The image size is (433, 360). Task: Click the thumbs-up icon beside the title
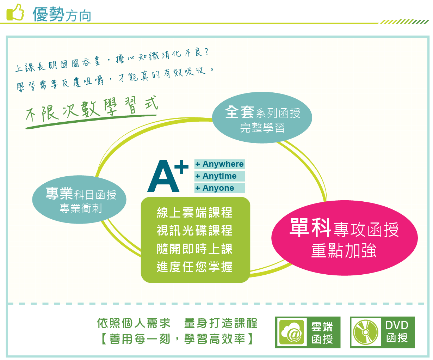point(15,12)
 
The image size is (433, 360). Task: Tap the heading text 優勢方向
point(62,14)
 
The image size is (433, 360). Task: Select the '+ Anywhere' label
point(219,164)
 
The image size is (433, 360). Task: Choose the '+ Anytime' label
point(219,176)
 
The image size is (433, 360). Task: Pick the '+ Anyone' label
point(219,188)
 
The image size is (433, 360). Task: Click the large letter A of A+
point(163,176)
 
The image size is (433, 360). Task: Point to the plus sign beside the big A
point(181,166)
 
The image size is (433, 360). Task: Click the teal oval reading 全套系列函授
point(262,117)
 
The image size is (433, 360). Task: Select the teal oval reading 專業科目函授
point(79,200)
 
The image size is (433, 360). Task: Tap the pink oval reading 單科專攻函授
point(345,238)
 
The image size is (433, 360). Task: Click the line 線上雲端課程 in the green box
point(194,213)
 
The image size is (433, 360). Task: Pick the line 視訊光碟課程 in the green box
point(194,231)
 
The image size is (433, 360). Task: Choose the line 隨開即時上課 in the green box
point(194,249)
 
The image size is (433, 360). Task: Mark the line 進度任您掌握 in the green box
point(194,267)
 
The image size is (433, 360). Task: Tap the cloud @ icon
point(291,332)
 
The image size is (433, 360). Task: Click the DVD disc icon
point(366,332)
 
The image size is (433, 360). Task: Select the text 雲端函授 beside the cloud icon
point(322,333)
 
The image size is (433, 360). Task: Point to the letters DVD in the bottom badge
point(397,325)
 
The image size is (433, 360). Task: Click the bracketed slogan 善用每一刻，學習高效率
point(177,339)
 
